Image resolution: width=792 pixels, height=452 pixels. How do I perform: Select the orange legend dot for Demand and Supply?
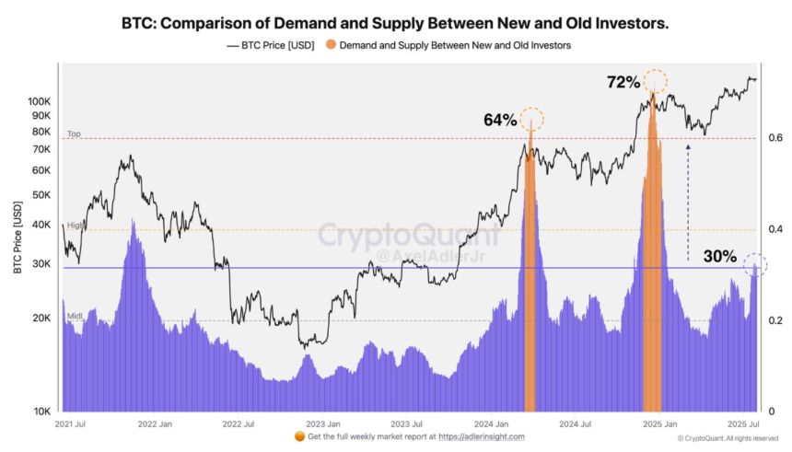click(x=332, y=44)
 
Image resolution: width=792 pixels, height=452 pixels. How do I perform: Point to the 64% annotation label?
click(x=500, y=120)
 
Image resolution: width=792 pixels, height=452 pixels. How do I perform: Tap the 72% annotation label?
click(x=623, y=82)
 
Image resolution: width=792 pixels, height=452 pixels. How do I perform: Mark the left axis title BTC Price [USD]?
click(x=16, y=238)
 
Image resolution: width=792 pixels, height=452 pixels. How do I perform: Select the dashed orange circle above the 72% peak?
click(x=656, y=80)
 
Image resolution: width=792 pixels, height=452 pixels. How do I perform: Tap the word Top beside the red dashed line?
click(x=74, y=134)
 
